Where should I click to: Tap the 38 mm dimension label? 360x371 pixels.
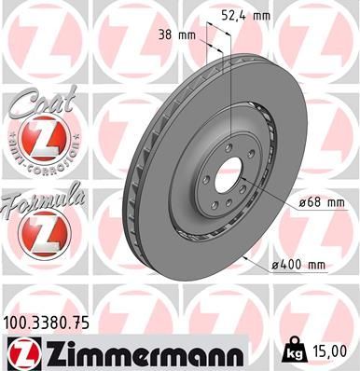coord(179,35)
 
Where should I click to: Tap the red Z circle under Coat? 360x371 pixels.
coord(41,140)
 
